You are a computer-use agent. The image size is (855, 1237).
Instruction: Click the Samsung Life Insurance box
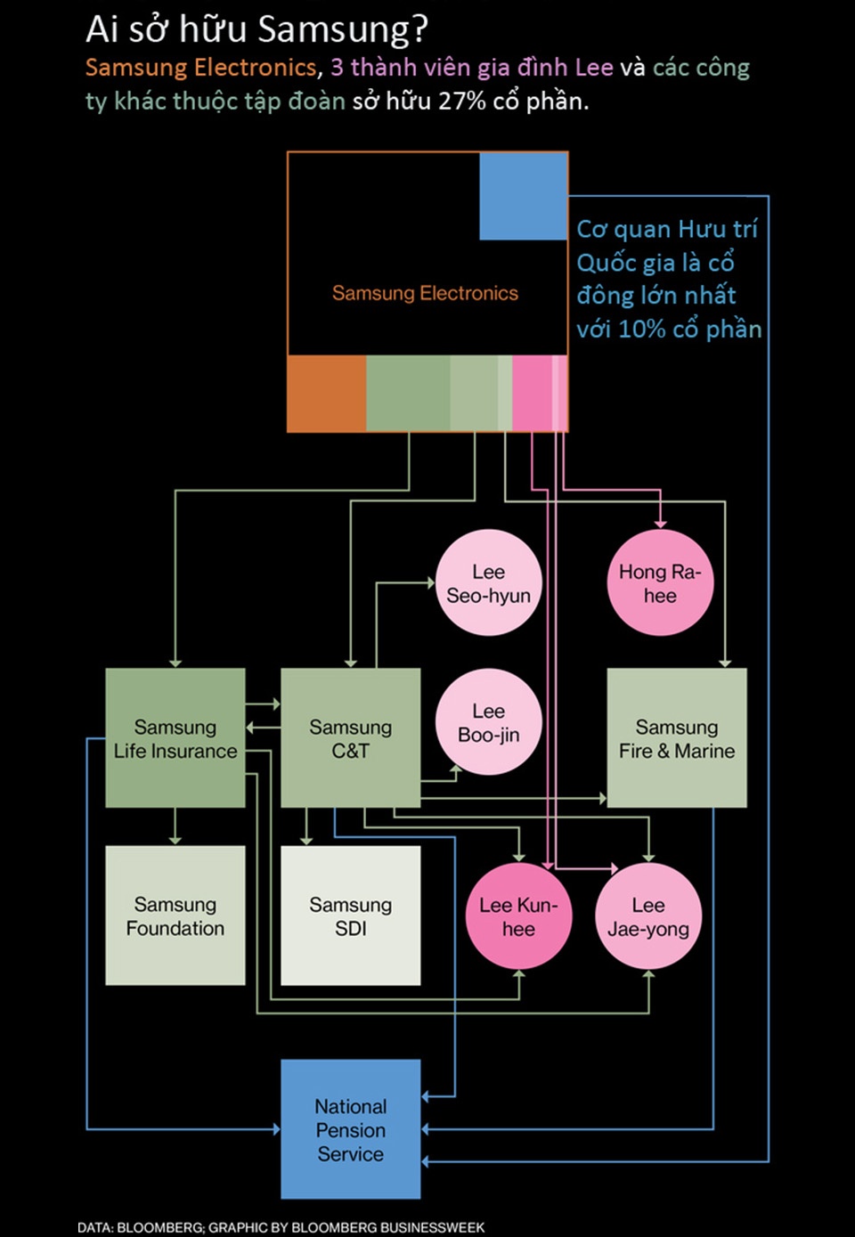[175, 738]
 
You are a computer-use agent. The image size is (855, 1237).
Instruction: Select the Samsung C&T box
[350, 738]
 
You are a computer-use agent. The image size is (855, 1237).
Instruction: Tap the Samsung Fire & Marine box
[676, 738]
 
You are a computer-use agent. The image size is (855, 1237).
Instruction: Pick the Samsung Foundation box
[175, 916]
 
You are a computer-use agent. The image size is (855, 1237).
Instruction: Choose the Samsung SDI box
[350, 916]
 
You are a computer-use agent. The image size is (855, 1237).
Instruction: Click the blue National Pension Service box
[350, 1129]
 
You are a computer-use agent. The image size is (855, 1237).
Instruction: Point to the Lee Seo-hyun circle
[488, 583]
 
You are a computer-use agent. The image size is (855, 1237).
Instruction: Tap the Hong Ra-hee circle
[660, 583]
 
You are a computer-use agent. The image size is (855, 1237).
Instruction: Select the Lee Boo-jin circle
[488, 722]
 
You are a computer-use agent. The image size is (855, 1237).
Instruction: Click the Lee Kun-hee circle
[518, 916]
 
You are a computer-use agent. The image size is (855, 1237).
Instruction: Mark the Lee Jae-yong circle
[648, 916]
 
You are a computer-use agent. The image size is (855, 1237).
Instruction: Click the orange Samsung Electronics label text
[425, 293]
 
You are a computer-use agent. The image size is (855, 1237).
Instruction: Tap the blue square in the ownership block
[523, 196]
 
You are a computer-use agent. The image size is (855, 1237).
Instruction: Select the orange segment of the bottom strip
[326, 394]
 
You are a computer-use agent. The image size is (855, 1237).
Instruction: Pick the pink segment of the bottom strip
[533, 394]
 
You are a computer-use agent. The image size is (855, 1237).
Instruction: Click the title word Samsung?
[344, 30]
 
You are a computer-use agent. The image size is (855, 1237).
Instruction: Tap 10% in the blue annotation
[641, 329]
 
